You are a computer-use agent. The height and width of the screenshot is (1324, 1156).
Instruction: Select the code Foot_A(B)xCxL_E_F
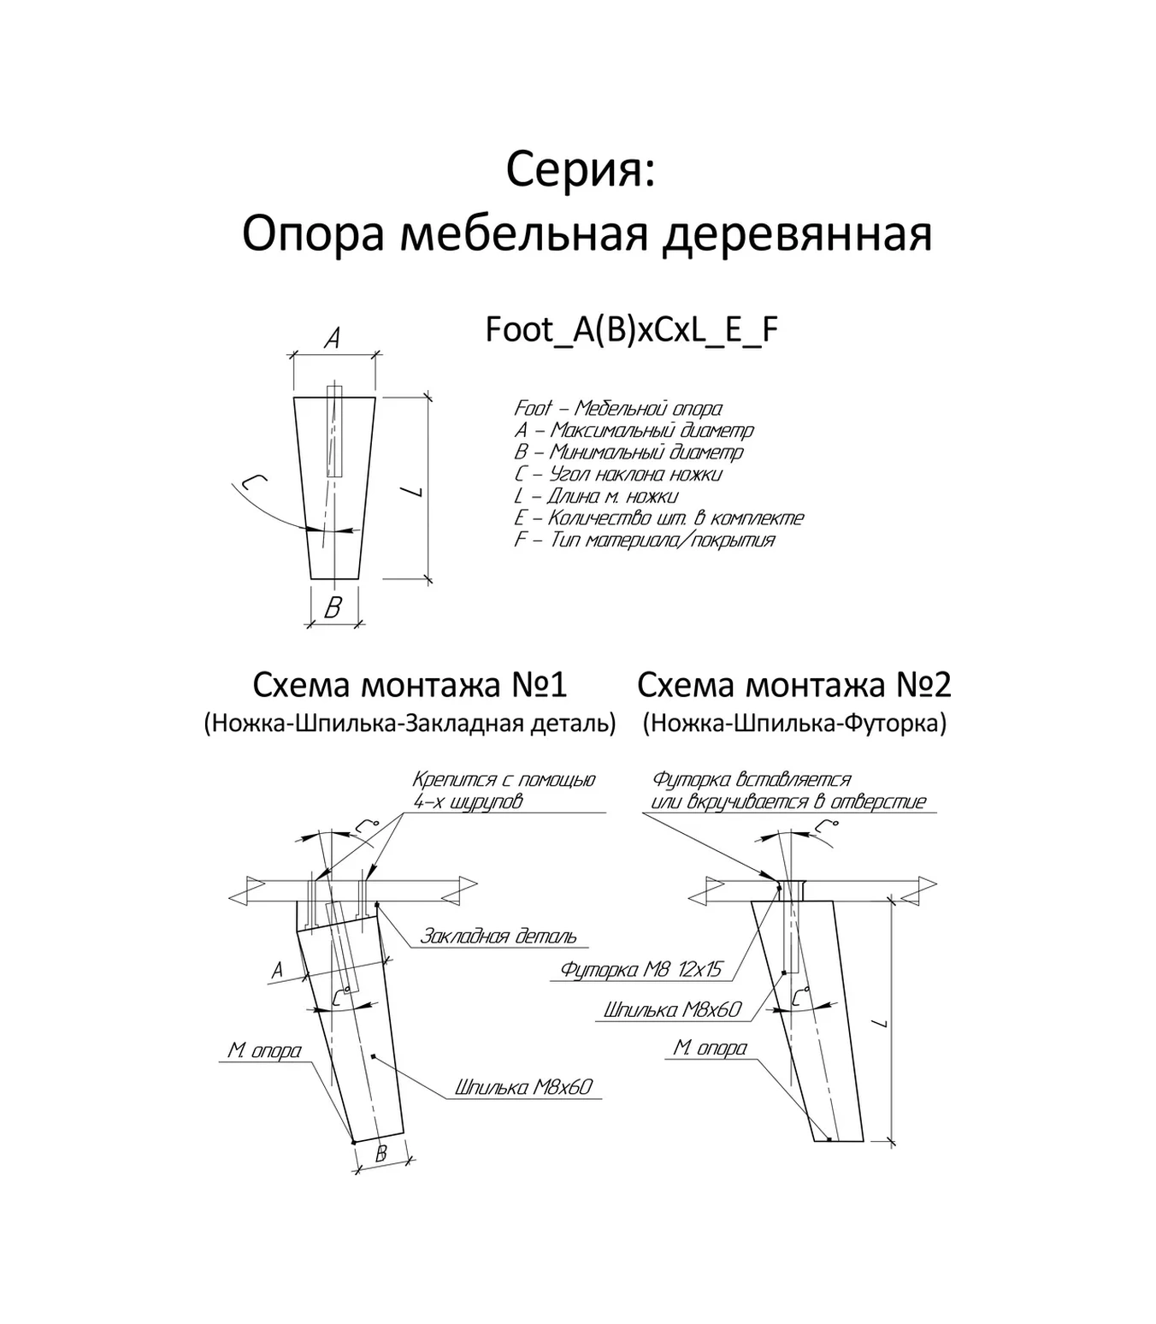point(632,330)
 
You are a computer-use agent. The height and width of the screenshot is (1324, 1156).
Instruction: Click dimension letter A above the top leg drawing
point(333,340)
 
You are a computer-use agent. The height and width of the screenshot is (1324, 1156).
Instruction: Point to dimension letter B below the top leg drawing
point(333,607)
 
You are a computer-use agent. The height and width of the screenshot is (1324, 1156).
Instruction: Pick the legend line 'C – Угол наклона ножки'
point(618,474)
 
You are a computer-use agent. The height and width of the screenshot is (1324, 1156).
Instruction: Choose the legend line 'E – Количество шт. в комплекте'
point(658,517)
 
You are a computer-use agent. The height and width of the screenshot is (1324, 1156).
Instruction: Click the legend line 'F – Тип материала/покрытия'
point(644,540)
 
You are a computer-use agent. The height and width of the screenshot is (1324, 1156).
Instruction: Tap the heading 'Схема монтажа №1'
point(410,685)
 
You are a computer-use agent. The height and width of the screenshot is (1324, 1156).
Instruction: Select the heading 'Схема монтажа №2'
point(794,685)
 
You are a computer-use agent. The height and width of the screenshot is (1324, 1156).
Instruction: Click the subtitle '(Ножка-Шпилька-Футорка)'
point(794,724)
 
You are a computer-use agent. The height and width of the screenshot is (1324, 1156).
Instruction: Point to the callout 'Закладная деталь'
point(498,937)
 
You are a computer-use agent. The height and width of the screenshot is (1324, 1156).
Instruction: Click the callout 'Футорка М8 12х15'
point(641,969)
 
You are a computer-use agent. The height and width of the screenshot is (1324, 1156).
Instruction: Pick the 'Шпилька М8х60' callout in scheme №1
point(523,1087)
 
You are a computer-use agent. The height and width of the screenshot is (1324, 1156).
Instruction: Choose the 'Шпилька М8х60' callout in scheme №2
point(672,1010)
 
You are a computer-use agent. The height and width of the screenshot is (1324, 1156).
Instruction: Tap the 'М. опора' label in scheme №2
point(710,1048)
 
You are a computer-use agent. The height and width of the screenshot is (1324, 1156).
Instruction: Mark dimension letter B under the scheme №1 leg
point(381,1154)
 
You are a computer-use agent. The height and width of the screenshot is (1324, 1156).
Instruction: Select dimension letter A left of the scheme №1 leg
point(277,970)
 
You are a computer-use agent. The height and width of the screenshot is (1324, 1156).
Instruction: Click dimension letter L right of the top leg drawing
point(413,492)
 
